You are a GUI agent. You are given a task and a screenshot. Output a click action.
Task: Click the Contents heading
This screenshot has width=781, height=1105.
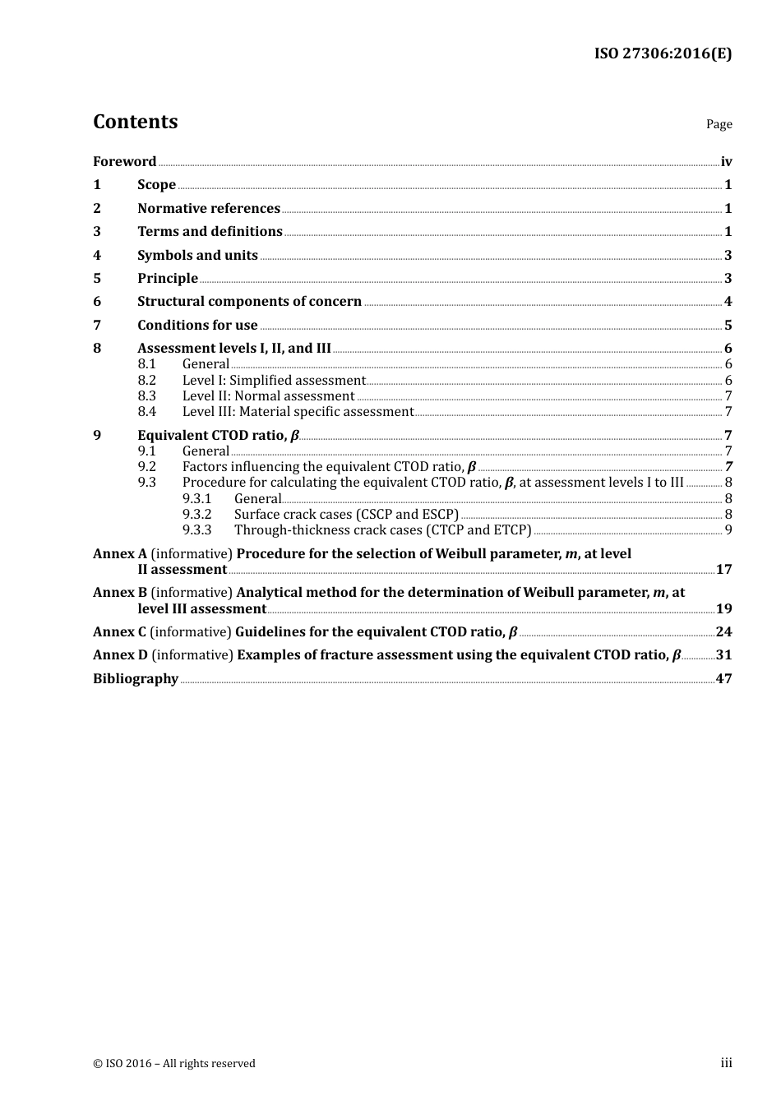click(135, 122)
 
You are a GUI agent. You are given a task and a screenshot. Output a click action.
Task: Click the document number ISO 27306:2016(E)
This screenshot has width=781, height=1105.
click(663, 54)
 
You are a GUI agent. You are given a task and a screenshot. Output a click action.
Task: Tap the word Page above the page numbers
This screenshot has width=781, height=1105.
click(719, 124)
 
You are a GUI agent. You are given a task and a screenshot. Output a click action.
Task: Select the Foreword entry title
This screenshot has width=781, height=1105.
click(124, 162)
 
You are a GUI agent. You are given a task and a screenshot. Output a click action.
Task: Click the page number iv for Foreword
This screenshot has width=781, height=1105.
click(726, 162)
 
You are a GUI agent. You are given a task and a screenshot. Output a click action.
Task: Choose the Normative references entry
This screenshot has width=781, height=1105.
click(209, 209)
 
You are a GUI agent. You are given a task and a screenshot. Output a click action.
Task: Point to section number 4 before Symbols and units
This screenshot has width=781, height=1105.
click(97, 256)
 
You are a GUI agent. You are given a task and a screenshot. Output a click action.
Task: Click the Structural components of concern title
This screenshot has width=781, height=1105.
click(249, 302)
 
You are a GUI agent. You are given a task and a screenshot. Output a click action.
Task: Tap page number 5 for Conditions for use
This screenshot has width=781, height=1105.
click(728, 326)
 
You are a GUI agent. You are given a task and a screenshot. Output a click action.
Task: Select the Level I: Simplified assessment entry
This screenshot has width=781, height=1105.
click(274, 381)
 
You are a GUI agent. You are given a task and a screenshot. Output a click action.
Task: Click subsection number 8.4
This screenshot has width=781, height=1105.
click(147, 412)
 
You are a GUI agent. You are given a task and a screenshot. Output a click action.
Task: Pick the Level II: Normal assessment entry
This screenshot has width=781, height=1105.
click(268, 396)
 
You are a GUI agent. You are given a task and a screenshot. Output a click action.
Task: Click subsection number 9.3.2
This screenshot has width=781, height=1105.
click(197, 515)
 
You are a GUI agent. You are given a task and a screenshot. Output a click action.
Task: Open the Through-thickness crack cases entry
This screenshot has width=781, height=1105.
click(382, 530)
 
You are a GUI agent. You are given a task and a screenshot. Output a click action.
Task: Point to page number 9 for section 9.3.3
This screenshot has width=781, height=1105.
click(728, 530)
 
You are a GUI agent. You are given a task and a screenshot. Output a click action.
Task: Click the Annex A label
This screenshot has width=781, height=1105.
click(120, 554)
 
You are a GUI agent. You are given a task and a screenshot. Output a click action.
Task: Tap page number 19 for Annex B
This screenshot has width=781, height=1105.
click(723, 609)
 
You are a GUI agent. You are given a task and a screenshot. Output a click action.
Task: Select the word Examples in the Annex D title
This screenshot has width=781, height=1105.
click(268, 655)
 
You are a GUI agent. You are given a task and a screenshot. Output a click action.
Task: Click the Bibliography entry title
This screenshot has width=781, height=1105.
click(136, 679)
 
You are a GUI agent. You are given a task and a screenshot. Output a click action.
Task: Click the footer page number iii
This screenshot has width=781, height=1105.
click(726, 1063)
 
